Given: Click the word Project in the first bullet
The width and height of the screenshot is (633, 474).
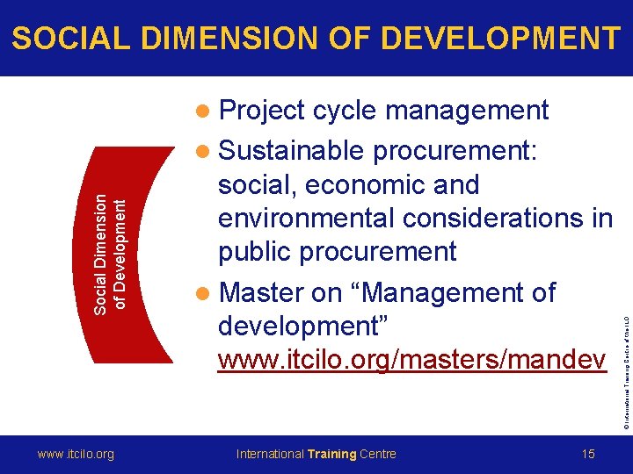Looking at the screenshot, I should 262,111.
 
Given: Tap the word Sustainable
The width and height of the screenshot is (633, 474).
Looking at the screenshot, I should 291,151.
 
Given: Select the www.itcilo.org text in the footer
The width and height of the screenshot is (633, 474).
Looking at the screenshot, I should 76,454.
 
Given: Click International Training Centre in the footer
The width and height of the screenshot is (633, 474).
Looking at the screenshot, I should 316,454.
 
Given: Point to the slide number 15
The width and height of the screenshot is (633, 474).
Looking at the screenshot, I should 588,454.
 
